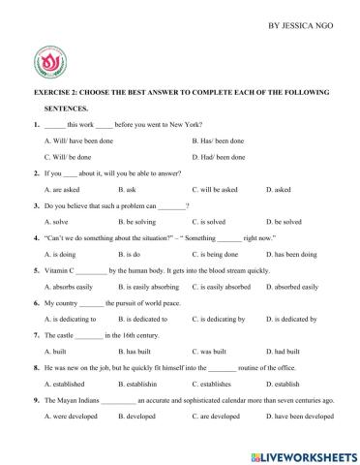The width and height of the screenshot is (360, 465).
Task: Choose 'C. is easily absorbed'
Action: pyautogui.click(x=225, y=287)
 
